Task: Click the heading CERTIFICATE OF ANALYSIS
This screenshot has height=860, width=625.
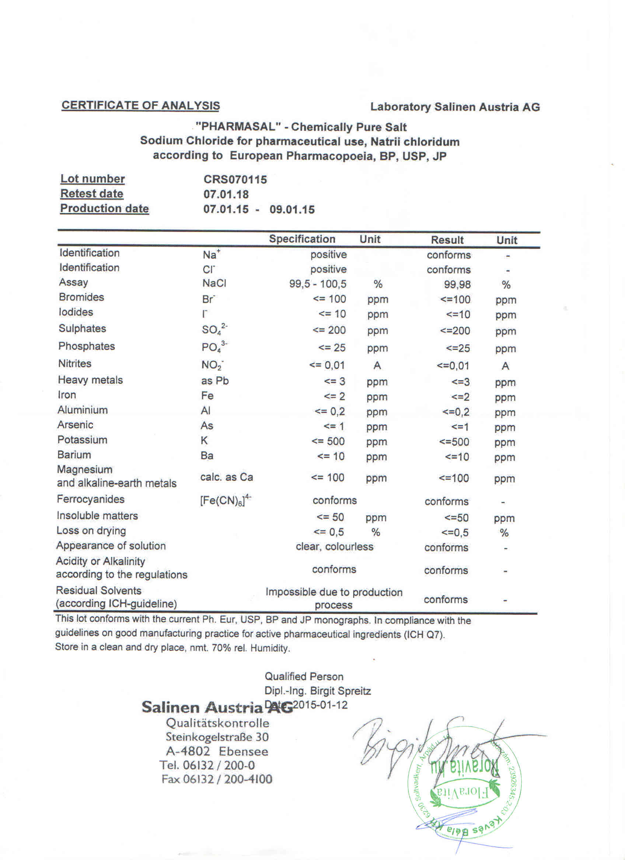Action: [x=140, y=105]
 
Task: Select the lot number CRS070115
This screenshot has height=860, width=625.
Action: [x=235, y=179]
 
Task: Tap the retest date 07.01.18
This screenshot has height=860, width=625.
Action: [x=226, y=194]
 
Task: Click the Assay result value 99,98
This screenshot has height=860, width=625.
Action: [x=457, y=284]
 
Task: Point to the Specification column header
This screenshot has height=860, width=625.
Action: [x=302, y=239]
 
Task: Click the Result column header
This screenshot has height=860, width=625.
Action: [x=447, y=240]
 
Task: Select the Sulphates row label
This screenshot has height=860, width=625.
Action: [x=82, y=328]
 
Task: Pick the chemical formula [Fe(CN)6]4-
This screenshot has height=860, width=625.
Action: [x=226, y=500]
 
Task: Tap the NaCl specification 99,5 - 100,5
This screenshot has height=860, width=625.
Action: [x=318, y=284]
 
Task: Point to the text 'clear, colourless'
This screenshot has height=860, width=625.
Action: [x=334, y=546]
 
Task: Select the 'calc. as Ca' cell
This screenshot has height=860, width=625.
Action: [x=227, y=477]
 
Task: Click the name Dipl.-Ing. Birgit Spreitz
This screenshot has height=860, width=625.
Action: [x=318, y=691]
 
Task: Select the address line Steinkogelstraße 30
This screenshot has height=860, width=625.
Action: [x=217, y=737]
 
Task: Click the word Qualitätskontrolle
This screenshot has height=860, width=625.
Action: [x=217, y=723]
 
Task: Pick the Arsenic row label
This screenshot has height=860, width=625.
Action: [x=75, y=425]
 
